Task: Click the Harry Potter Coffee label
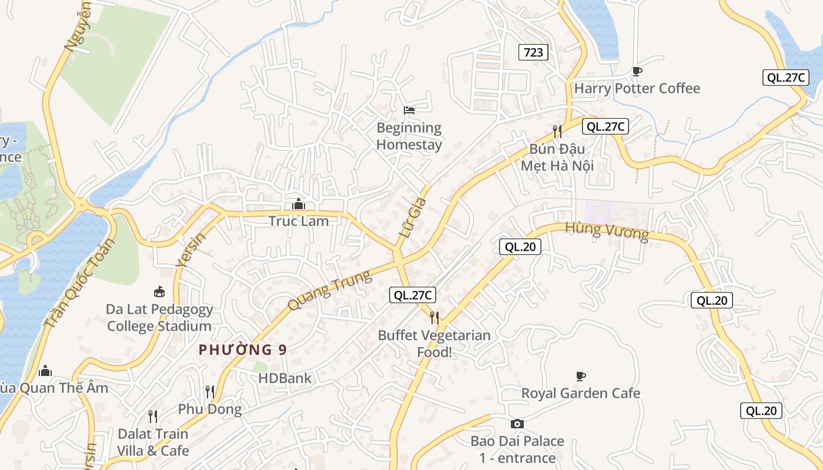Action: tap(637, 89)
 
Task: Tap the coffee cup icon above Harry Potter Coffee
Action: tap(637, 71)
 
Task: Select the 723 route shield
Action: tap(533, 52)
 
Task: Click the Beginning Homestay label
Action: tap(409, 136)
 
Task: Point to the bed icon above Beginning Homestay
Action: tap(409, 110)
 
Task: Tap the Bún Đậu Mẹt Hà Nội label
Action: tap(557, 157)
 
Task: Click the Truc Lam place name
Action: tap(299, 221)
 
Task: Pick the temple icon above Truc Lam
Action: tap(299, 204)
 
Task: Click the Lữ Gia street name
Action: tap(411, 217)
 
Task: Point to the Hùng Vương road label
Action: tap(607, 231)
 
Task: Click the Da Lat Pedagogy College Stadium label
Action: tap(159, 317)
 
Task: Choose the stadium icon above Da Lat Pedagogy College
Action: tap(159, 291)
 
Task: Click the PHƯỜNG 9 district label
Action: tap(242, 350)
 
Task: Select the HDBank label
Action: tap(285, 378)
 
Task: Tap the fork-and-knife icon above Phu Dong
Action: tap(210, 392)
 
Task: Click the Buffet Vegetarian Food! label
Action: tap(434, 344)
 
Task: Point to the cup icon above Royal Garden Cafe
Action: tap(581, 376)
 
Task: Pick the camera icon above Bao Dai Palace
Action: tap(517, 424)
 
